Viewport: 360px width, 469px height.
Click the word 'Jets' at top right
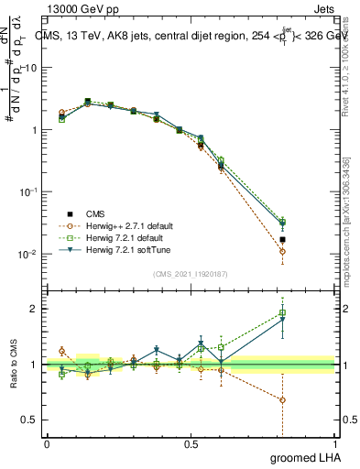(326, 7)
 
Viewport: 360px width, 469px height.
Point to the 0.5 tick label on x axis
(191, 443)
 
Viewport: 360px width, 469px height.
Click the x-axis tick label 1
(337, 443)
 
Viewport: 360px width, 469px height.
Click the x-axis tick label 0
(47, 443)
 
